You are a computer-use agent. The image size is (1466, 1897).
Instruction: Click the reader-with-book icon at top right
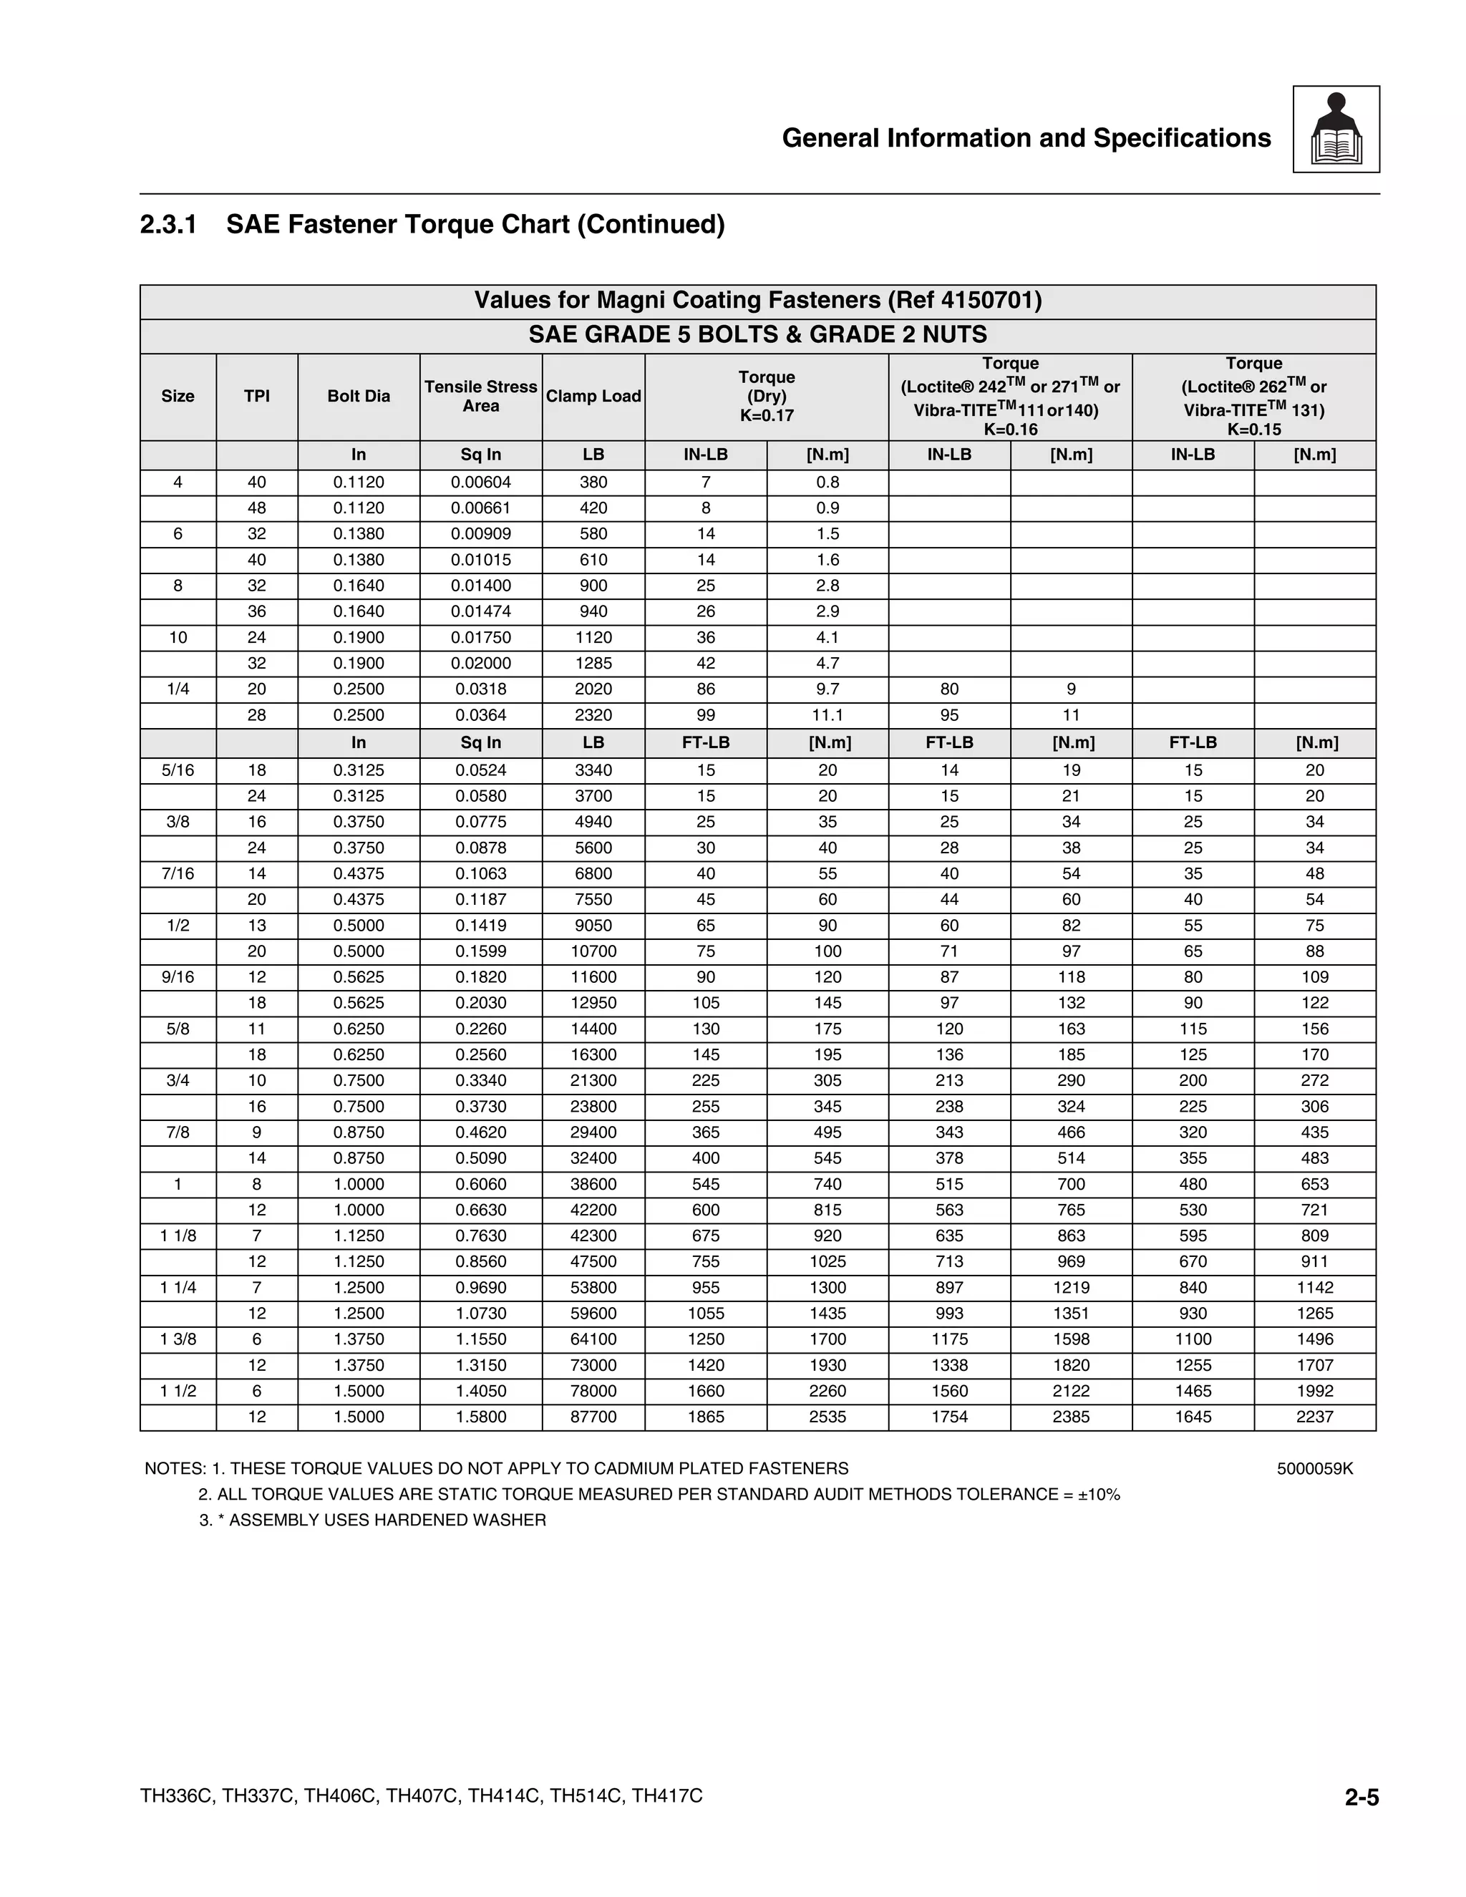[1336, 130]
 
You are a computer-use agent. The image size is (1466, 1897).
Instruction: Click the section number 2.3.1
[168, 225]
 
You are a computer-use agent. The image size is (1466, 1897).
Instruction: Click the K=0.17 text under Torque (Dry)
[766, 415]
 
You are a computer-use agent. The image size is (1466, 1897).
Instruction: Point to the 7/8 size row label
[178, 1132]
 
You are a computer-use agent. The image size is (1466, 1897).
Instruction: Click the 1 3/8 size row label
[178, 1339]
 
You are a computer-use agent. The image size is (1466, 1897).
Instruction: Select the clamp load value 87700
[593, 1417]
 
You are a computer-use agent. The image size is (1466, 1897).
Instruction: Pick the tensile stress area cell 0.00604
[480, 482]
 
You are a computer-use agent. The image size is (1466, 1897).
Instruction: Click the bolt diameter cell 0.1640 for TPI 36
[359, 611]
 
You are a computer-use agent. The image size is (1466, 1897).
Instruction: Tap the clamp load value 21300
[593, 1080]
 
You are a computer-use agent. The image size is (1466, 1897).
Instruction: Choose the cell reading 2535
[827, 1417]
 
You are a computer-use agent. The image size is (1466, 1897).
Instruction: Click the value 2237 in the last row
[1314, 1417]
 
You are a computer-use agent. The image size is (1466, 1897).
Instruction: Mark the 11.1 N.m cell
[827, 715]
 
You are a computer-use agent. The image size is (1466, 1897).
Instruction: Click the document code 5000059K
[1314, 1469]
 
